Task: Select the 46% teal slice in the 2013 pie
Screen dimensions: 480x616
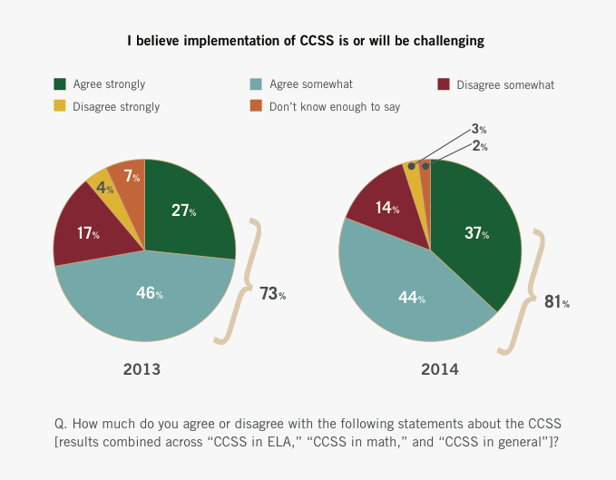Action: point(145,295)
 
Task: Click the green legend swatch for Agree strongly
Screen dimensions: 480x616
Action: point(60,84)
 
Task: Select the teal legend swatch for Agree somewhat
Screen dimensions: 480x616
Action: point(257,84)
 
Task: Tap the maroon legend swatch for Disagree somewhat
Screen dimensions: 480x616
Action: point(444,84)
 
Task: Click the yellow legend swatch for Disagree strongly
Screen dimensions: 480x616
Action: point(60,106)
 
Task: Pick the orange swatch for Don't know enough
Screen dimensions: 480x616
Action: point(257,106)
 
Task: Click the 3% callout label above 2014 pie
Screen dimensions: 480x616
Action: point(479,129)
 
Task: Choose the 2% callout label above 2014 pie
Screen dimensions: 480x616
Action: point(479,145)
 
